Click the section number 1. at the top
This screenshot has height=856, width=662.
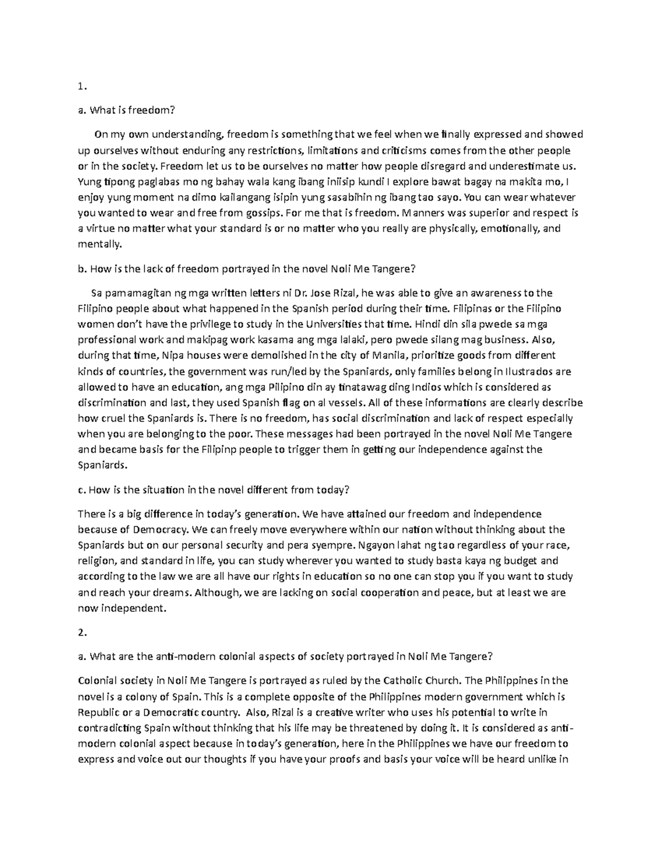click(83, 86)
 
